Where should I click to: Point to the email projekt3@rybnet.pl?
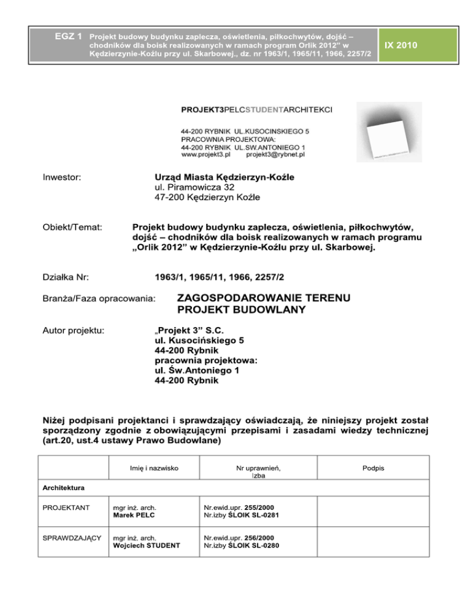tap(275, 155)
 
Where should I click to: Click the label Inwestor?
tap(63, 177)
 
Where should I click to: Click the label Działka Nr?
tap(66, 278)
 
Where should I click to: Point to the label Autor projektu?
tap(74, 331)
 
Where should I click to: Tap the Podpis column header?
tap(373, 468)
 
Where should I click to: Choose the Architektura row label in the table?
tap(63, 489)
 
